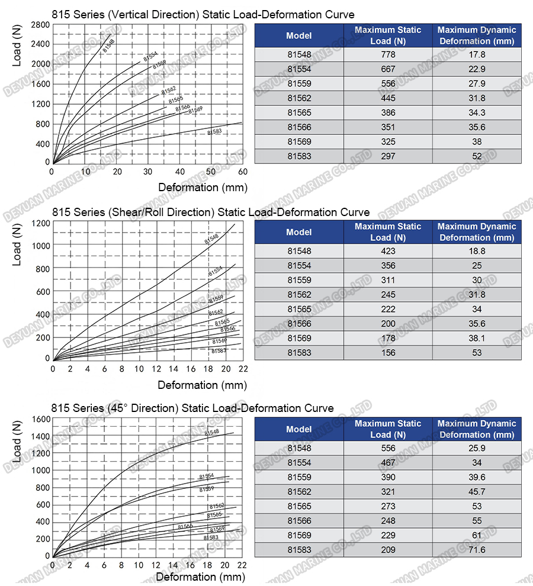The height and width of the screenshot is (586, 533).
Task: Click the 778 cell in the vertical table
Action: pos(388,54)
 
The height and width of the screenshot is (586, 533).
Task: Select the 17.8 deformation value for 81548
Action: pos(477,54)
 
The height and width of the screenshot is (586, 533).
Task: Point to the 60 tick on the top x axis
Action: pos(242,172)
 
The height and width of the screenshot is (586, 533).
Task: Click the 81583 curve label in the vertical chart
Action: pos(214,131)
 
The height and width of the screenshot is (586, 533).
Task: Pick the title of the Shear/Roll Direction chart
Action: pos(211,212)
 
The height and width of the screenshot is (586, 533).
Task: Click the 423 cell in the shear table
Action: pos(388,251)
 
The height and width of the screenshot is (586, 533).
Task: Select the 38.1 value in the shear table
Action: pos(477,338)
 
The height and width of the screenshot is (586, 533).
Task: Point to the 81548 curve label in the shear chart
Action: pos(211,239)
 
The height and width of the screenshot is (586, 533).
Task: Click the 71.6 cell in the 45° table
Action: pos(477,550)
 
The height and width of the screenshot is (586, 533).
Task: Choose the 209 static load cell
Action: pos(388,550)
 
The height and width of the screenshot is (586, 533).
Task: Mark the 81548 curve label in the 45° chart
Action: pos(211,433)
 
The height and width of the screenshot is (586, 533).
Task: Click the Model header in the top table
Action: pos(298,36)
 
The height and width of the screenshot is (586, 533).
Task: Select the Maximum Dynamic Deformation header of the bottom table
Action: pos(477,429)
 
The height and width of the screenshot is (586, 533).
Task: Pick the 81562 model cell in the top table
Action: pos(298,98)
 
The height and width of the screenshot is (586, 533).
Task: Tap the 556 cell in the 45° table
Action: pos(388,448)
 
